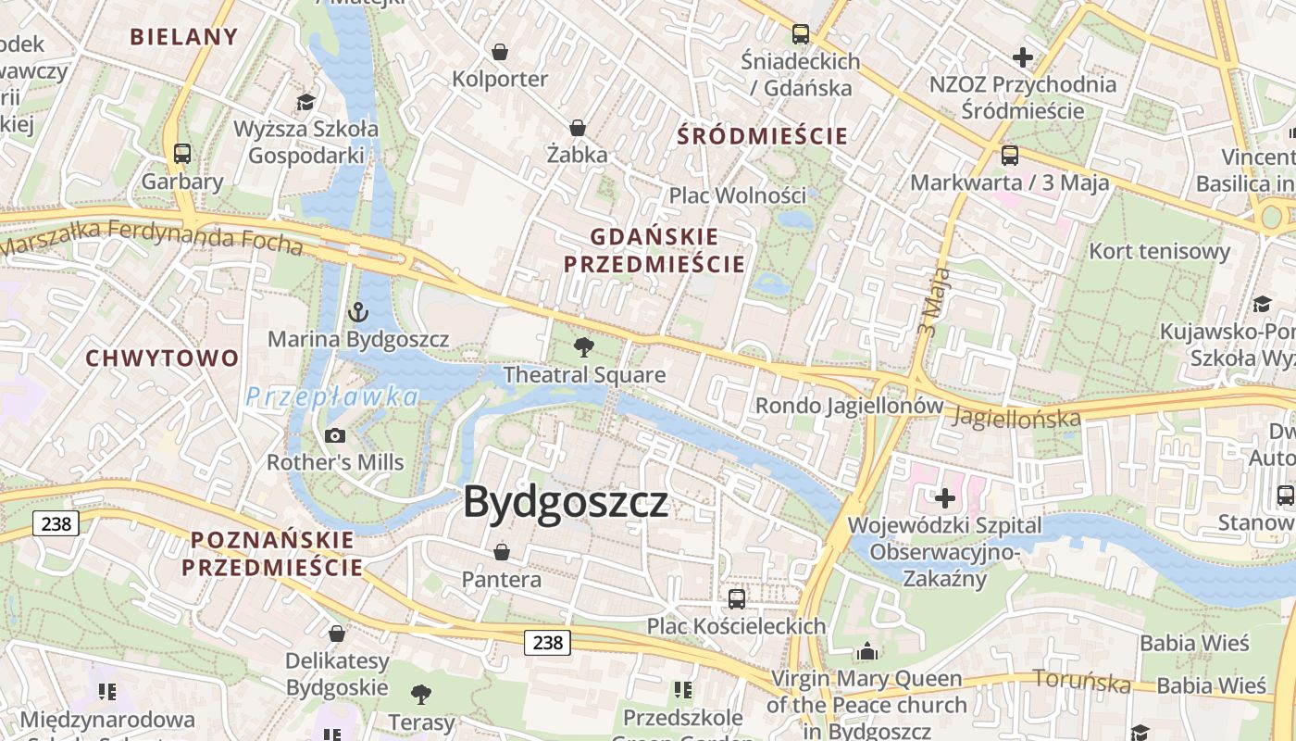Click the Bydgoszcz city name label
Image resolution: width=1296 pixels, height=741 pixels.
tap(565, 502)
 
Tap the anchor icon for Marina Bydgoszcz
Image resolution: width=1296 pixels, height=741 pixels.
tap(358, 312)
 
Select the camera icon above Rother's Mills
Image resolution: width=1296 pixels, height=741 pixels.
tap(335, 435)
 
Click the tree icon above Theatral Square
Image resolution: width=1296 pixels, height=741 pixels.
tap(584, 347)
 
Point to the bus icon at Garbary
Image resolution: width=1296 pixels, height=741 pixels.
tap(182, 154)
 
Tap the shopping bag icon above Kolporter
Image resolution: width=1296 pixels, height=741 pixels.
tap(500, 51)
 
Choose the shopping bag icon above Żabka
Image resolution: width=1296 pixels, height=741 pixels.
tap(578, 127)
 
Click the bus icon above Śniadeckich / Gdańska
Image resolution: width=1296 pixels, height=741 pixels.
tap(801, 34)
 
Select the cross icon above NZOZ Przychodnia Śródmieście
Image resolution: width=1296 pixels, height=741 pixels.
tap(1022, 57)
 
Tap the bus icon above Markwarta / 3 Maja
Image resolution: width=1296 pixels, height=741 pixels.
tap(1010, 155)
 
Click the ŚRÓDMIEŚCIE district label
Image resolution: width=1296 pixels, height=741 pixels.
tap(762, 136)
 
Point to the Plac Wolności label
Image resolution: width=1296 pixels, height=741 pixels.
tap(738, 195)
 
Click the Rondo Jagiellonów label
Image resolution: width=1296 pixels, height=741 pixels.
tap(849, 406)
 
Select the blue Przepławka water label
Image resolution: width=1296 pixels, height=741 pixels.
tap(332, 396)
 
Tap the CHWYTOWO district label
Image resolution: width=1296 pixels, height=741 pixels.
tap(162, 358)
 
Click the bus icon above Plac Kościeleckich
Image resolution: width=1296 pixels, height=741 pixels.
tap(737, 598)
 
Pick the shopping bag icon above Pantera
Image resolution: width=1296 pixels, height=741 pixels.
tap(501, 552)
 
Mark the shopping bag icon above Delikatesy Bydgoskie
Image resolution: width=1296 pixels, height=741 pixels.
tap(337, 634)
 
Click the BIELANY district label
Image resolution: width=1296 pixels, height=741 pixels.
tap(184, 37)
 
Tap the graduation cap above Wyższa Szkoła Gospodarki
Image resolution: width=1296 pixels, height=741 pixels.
tap(305, 101)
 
